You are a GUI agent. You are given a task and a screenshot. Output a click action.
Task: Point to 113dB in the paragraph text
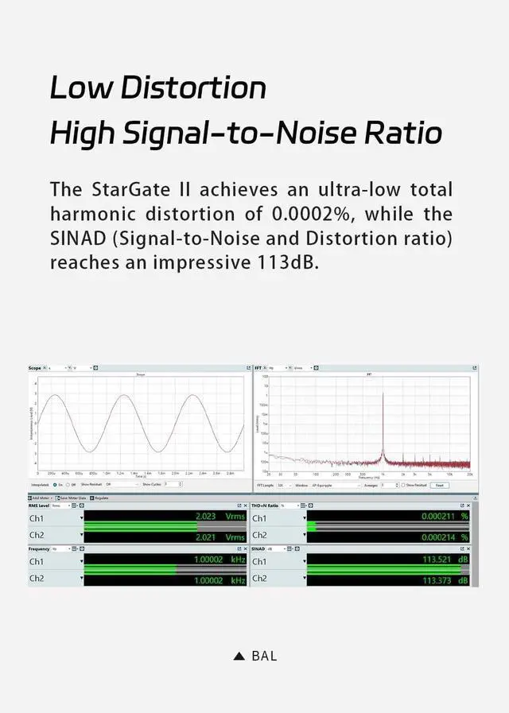[x=284, y=262]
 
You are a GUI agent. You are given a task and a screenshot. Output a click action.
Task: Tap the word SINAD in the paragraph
[x=77, y=238]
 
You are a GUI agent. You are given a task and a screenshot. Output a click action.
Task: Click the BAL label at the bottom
[x=264, y=656]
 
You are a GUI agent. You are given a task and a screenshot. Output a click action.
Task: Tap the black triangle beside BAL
[x=239, y=656]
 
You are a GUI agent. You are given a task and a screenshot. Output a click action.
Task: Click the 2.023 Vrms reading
[x=220, y=517]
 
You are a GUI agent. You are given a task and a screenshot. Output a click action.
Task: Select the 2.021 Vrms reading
[x=220, y=537]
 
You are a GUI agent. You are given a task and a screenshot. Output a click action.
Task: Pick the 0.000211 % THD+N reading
[x=445, y=517]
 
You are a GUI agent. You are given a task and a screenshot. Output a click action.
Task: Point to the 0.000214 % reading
[x=445, y=537]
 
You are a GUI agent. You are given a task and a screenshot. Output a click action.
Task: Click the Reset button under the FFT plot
[x=439, y=484]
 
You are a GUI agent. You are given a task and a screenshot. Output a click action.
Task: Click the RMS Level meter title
[x=39, y=506]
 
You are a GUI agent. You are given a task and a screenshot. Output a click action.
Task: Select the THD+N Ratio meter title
[x=265, y=506]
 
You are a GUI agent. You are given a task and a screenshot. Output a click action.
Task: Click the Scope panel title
[x=34, y=368]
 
